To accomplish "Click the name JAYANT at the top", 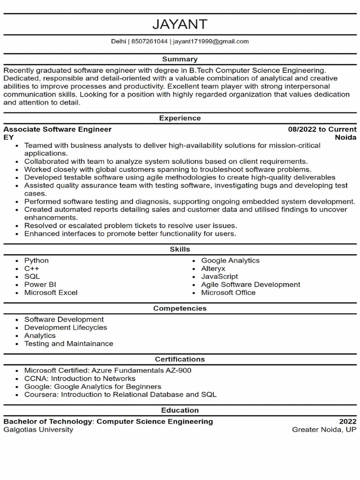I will pos(180,24).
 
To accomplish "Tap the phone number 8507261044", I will pos(149,41).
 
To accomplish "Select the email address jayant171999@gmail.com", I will pos(211,41).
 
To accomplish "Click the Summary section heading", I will pos(180,59).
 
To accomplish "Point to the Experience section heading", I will pos(180,118).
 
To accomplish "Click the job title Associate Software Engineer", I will pos(58,129).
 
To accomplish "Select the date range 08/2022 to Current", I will pos(322,129).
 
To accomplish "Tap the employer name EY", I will pos(8,137).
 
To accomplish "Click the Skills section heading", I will pos(180,249).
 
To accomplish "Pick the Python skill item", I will pos(37,261).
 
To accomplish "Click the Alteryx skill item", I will pos(213,269).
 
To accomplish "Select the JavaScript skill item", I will pos(219,277).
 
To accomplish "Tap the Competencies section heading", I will pos(180,308).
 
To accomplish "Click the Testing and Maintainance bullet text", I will pos(69,344).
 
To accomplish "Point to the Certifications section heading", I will pos(180,359).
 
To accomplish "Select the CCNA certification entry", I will pos(80,378).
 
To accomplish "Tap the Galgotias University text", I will pos(38,429).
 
